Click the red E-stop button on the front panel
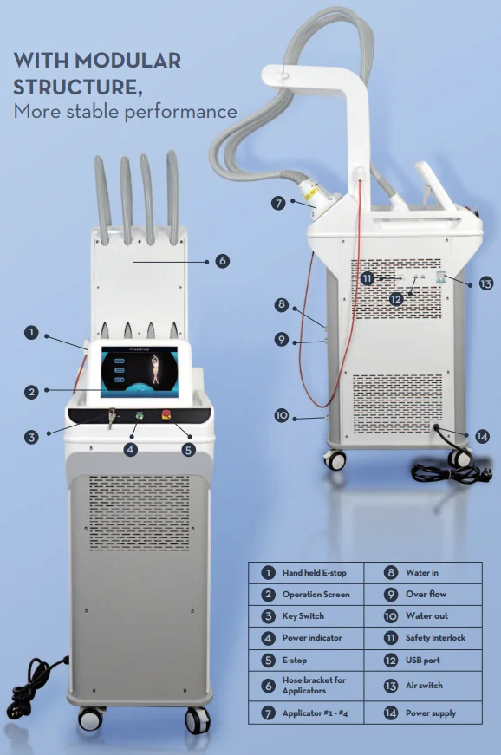pos(166,414)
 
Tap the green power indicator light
pos(140,414)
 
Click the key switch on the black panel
pos(112,416)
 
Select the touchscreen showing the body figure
pos(140,372)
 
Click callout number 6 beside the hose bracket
pos(222,261)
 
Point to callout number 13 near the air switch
pos(486,283)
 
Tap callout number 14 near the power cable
pos(482,437)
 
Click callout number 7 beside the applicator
pos(278,203)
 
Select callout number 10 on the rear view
pos(282,415)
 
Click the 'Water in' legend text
pos(421,572)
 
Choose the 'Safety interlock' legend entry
pos(435,637)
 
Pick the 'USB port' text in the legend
pos(422,661)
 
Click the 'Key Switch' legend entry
pos(303,615)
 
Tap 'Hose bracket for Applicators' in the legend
pos(314,685)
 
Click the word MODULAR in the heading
pos(127,61)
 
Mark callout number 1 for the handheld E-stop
pos(31,333)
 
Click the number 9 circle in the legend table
pos(391,595)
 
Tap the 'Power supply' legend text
pos(430,713)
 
